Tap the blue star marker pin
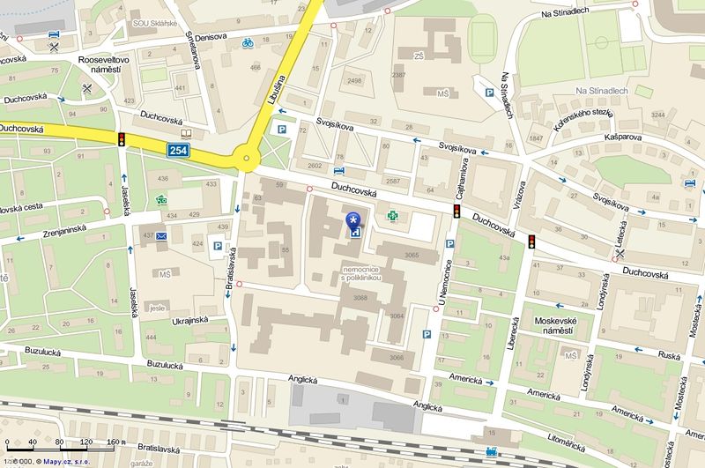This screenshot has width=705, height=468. tap(353, 219)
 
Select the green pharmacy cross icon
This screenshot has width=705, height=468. tap(393, 214)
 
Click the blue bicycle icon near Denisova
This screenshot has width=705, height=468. tap(249, 41)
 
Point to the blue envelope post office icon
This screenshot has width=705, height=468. tap(161, 236)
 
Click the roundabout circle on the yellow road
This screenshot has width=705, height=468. tap(247, 160)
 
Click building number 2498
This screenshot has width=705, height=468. tap(355, 81)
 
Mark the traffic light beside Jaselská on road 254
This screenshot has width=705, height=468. tap(121, 138)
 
